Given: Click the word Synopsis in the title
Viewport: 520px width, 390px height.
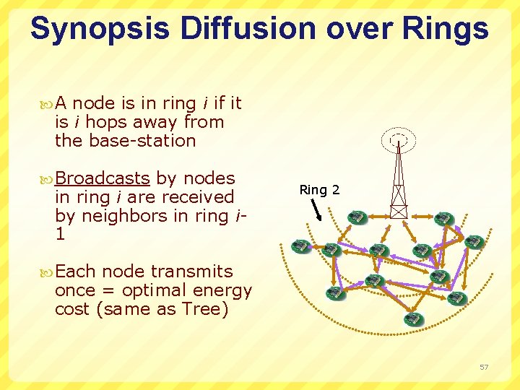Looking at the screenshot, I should [x=100, y=29].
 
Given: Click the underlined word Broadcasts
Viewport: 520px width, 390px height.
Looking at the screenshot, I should [x=103, y=178].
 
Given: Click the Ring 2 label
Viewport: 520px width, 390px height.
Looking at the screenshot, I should [x=319, y=190].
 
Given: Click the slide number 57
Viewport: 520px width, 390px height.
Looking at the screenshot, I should [x=484, y=368].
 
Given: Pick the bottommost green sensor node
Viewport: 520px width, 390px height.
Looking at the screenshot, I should [x=412, y=318].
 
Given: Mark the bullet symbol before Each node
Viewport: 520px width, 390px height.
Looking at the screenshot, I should [x=48, y=272].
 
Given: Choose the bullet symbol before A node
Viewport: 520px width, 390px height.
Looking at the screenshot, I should [x=48, y=104].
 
